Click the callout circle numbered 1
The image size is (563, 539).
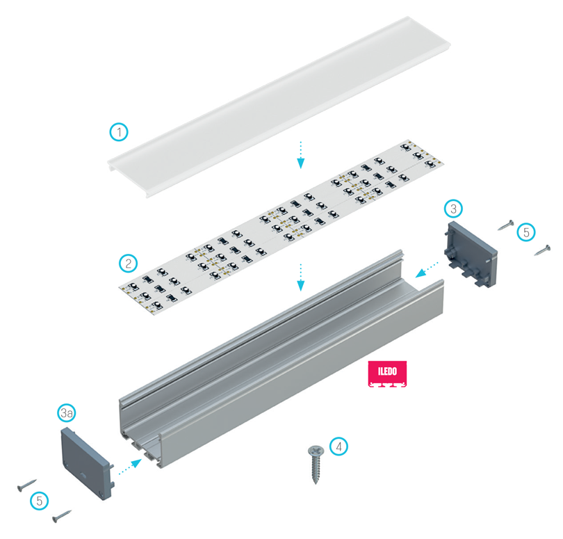(x=119, y=132)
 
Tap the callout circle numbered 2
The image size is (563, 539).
(x=128, y=264)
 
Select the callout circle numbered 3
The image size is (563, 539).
(x=453, y=209)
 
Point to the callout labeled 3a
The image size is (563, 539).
(x=67, y=413)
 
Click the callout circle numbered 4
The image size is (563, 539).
(x=338, y=447)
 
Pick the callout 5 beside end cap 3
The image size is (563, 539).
(x=526, y=232)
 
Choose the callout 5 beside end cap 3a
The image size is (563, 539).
(x=40, y=501)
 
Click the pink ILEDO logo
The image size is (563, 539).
(x=387, y=373)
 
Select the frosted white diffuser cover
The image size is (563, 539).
(x=279, y=106)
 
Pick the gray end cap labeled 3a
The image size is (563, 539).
(x=88, y=463)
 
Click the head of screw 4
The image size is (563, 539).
(x=316, y=450)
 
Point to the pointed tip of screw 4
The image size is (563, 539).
(x=316, y=483)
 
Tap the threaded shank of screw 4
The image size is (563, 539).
(x=316, y=468)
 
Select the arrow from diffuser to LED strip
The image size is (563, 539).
(x=301, y=155)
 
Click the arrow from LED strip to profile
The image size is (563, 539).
(x=301, y=277)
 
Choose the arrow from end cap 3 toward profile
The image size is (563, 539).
(x=427, y=270)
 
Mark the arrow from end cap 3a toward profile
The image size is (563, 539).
(x=130, y=467)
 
